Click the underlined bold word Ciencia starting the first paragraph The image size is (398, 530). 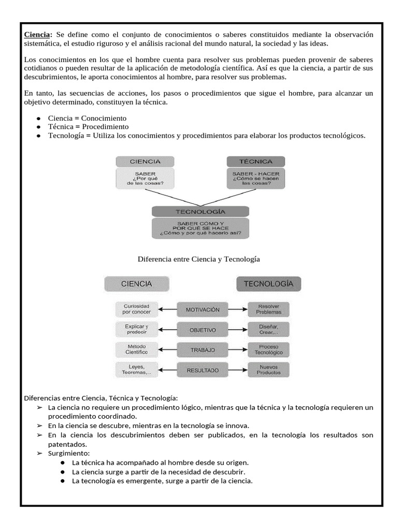[38, 35]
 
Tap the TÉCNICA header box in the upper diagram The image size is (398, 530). [256, 161]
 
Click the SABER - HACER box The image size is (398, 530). [256, 179]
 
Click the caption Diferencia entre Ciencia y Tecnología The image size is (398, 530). [198, 258]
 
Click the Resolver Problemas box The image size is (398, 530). [268, 310]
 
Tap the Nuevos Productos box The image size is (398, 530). [268, 370]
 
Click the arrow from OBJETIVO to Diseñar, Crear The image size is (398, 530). [237, 330]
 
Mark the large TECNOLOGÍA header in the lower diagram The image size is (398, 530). [268, 284]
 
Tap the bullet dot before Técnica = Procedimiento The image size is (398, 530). [38, 127]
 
